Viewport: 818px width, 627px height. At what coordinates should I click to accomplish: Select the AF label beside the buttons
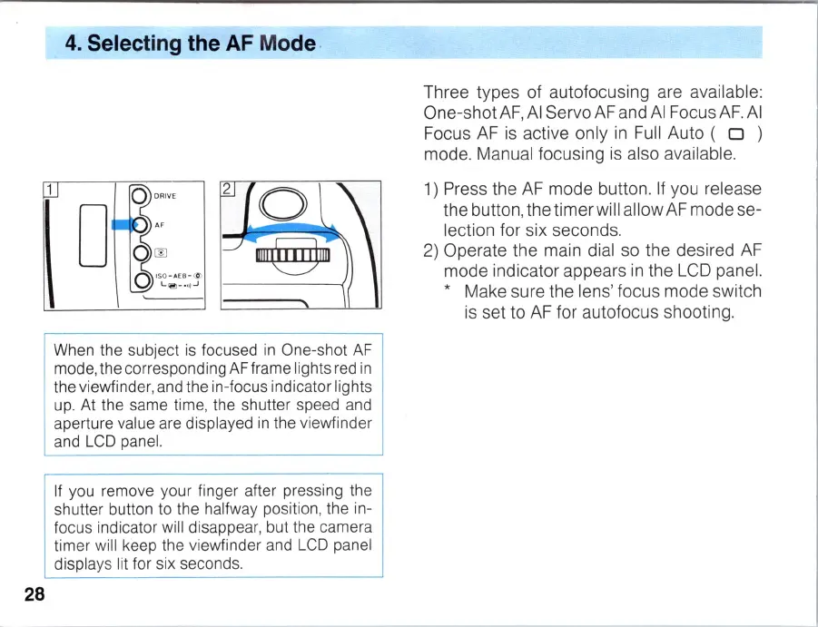pyautogui.click(x=159, y=223)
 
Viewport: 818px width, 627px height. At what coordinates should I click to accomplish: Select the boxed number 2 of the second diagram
pyautogui.click(x=228, y=189)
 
